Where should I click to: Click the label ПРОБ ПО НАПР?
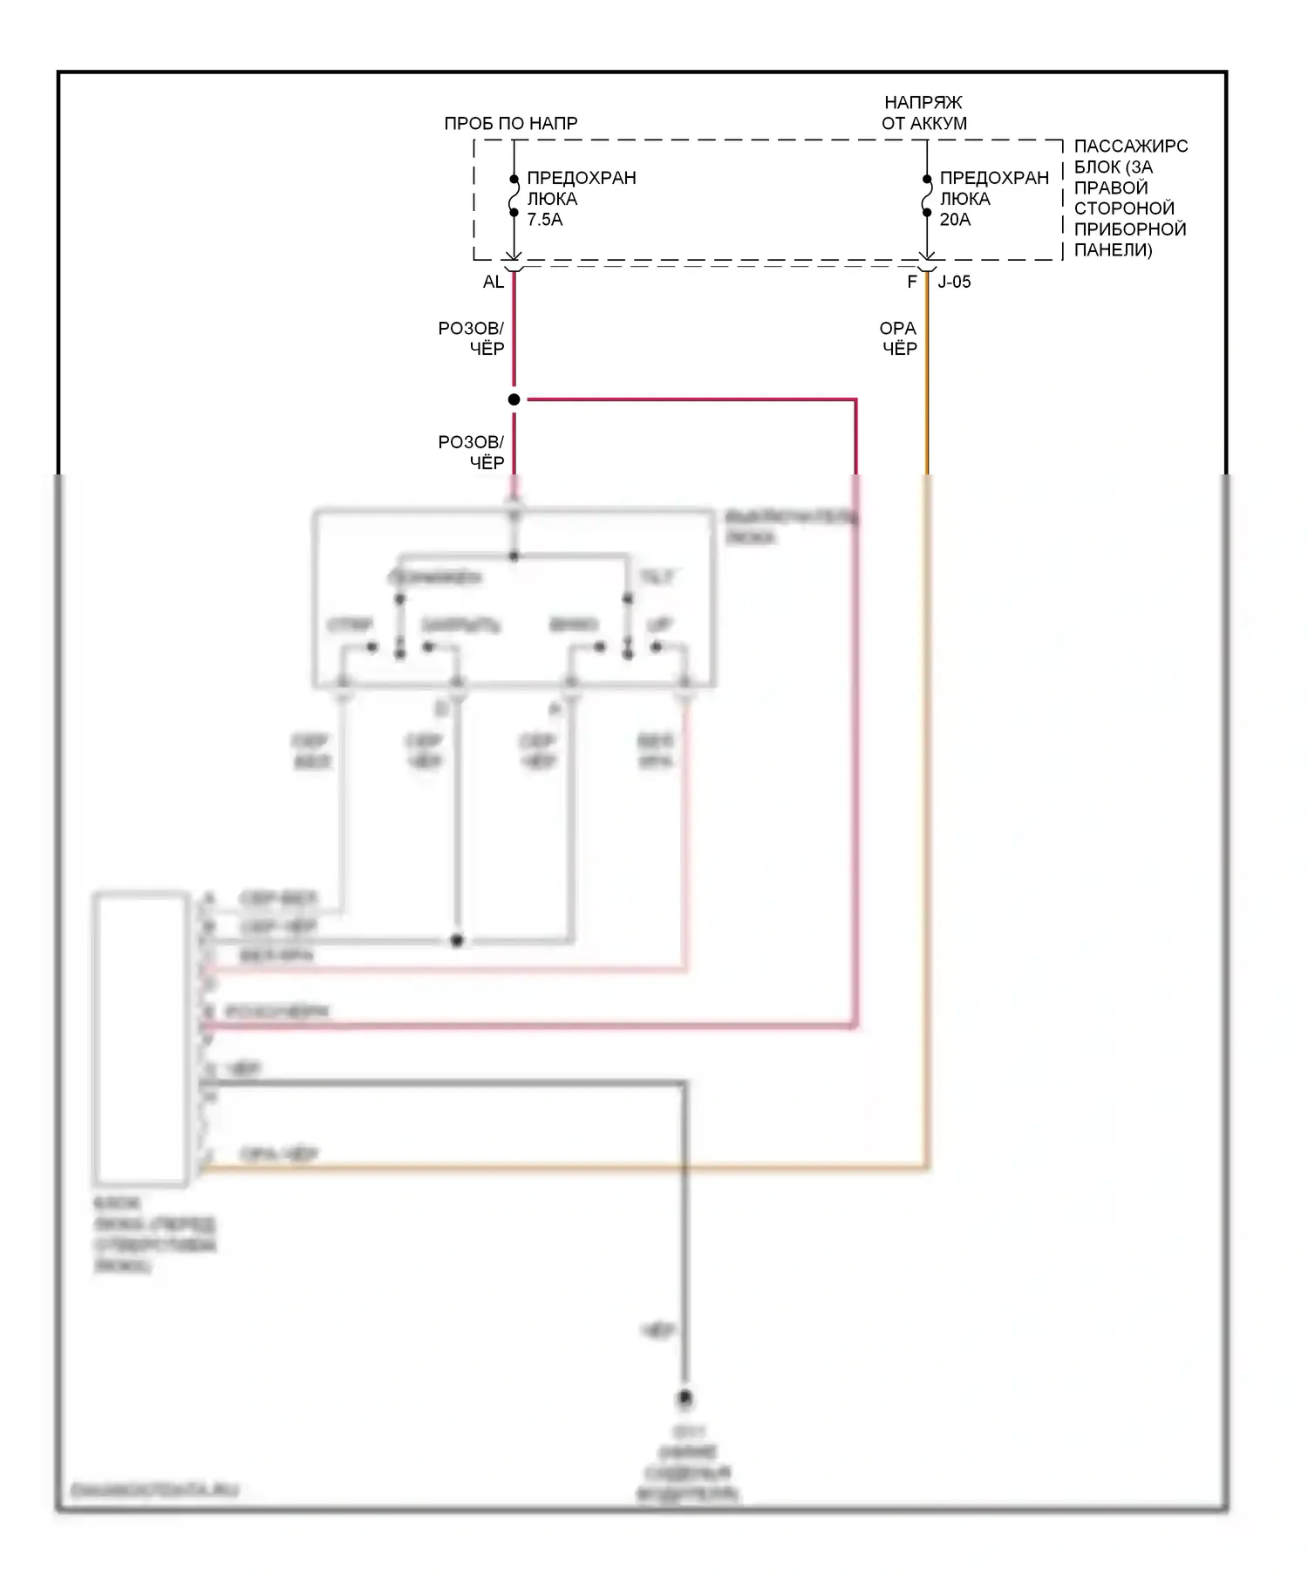[510, 124]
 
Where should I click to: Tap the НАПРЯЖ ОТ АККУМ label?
[923, 113]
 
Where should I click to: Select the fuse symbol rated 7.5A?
[514, 196]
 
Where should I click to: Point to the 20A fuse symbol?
[927, 196]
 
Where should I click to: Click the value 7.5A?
[544, 220]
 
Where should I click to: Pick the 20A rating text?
[955, 220]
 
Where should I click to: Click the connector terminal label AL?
[493, 282]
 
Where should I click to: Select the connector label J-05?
[954, 282]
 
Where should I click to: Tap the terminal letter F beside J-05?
[912, 282]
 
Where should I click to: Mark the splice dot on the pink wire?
[514, 399]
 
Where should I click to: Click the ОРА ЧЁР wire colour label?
[898, 338]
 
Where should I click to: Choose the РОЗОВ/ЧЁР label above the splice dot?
[471, 338]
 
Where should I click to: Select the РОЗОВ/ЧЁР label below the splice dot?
[471, 453]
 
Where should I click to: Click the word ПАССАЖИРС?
[1130, 147]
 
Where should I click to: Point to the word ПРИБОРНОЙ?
[1130, 229]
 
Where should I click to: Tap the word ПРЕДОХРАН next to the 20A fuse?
[994, 178]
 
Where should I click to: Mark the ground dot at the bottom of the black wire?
[685, 1399]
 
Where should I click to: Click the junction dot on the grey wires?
[456, 941]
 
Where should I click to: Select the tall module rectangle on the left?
[140, 1038]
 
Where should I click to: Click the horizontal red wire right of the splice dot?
[689, 399]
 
